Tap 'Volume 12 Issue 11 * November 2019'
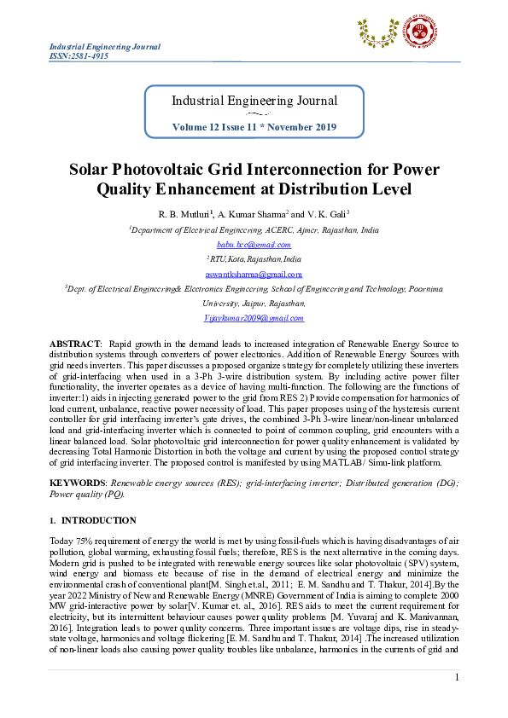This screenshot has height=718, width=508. pos(254,126)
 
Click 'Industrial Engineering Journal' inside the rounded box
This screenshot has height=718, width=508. pos(254,101)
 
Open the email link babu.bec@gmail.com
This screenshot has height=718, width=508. pos(254,244)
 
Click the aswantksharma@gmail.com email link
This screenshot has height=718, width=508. pos(254,274)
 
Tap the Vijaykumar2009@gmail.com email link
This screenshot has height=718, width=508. pos(254,317)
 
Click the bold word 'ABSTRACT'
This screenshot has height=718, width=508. pos(75,342)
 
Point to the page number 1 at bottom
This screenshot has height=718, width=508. pos(458,677)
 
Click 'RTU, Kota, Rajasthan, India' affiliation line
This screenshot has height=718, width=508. pos(254,259)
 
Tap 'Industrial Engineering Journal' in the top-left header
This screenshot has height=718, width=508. pos(104,46)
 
